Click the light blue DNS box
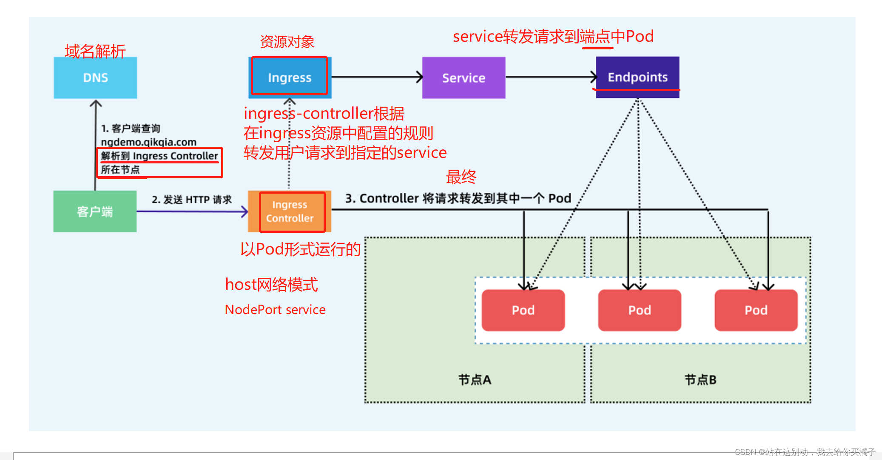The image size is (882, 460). [95, 78]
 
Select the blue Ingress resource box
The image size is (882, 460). [290, 77]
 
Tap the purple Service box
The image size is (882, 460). [464, 78]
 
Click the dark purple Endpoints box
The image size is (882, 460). [637, 77]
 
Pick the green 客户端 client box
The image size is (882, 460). [95, 211]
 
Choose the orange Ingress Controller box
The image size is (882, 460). [290, 211]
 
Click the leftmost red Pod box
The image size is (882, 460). [523, 310]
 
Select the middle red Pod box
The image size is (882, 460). [640, 310]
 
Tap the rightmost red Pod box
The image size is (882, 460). [756, 310]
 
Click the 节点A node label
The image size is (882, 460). [475, 380]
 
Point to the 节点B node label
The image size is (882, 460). [700, 380]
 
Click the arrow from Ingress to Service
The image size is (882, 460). [376, 77]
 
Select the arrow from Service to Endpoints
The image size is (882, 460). [551, 77]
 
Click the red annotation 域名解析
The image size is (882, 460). [95, 51]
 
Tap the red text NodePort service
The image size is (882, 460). [275, 310]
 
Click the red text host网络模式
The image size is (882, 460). [271, 284]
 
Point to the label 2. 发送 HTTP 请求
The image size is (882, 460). [191, 200]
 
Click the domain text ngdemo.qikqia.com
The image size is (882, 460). [148, 142]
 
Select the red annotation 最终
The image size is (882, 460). [461, 177]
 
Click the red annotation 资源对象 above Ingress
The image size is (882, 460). [287, 42]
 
